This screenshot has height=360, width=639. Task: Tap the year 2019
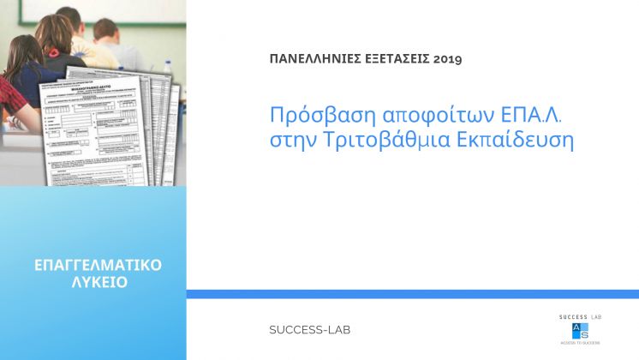(447, 59)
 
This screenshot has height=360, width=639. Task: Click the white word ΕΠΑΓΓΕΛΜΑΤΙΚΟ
(93, 264)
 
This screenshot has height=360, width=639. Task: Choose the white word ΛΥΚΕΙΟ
(93, 282)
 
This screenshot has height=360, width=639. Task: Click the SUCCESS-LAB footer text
(309, 330)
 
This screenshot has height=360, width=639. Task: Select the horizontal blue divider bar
(412, 294)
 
